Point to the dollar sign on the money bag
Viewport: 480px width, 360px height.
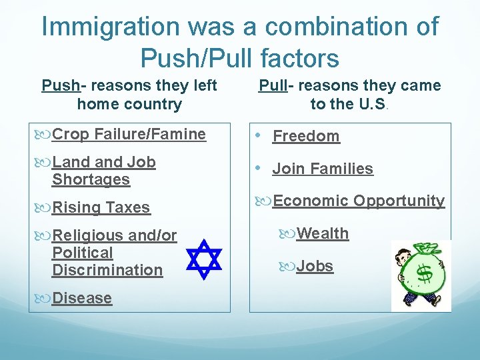424,273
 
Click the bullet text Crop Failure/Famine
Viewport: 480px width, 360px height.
129,134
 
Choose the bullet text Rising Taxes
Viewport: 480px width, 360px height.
101,207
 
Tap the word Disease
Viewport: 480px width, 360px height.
81,298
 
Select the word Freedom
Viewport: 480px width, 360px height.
306,136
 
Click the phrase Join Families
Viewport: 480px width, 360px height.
323,169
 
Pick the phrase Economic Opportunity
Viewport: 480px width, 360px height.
359,201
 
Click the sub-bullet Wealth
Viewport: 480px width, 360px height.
323,233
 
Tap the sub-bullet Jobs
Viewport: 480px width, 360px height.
315,266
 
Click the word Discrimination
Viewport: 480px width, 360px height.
107,270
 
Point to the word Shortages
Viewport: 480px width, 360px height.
91,179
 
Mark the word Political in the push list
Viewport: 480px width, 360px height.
82,253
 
